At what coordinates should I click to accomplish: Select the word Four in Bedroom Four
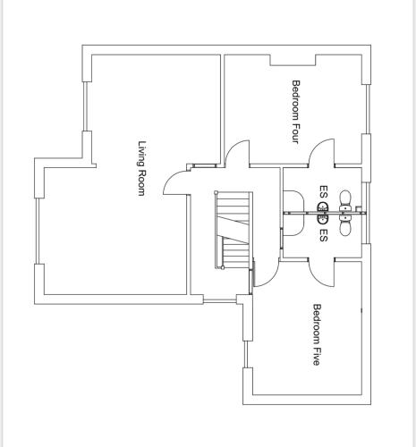tap(295, 132)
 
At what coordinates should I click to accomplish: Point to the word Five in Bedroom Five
tap(317, 355)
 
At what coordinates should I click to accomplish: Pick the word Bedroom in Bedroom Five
tap(317, 323)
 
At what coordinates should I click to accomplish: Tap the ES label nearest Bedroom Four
tap(323, 192)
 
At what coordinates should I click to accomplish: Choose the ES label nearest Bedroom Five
tap(323, 235)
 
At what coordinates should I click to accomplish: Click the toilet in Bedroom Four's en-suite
tap(346, 201)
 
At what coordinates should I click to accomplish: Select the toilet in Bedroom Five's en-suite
tap(346, 225)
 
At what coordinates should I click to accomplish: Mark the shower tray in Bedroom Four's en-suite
tap(293, 201)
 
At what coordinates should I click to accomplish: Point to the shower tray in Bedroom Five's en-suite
tap(293, 225)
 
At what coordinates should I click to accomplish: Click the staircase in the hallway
tap(233, 230)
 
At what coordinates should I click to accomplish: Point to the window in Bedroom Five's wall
tap(246, 354)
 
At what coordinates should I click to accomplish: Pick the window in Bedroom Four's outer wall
tap(368, 109)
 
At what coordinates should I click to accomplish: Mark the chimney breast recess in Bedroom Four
tap(293, 60)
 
